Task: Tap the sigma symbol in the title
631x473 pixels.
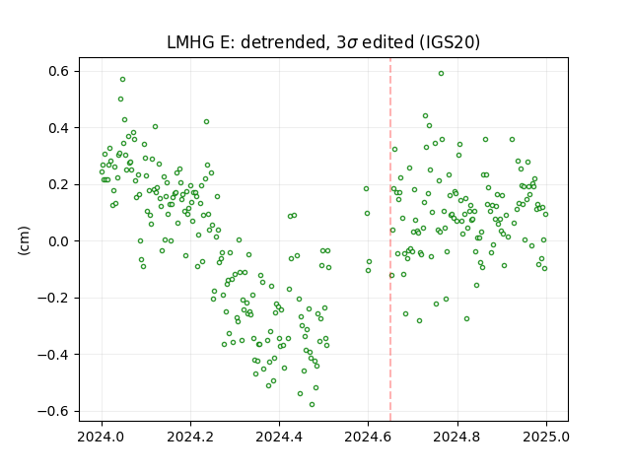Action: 352,43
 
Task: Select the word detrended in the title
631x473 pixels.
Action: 283,42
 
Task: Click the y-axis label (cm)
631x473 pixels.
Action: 24,240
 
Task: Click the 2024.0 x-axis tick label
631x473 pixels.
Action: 102,437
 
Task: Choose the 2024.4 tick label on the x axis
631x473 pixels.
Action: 279,437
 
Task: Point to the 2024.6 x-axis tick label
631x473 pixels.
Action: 368,437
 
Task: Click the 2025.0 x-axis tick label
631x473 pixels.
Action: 546,437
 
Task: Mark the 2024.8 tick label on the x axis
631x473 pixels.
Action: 456,437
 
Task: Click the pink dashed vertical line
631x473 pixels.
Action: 390,239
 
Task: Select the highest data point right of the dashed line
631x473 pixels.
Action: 441,74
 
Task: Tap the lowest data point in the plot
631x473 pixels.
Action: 312,405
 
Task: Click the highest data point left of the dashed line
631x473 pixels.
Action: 122,80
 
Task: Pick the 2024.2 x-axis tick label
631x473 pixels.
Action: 190,437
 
